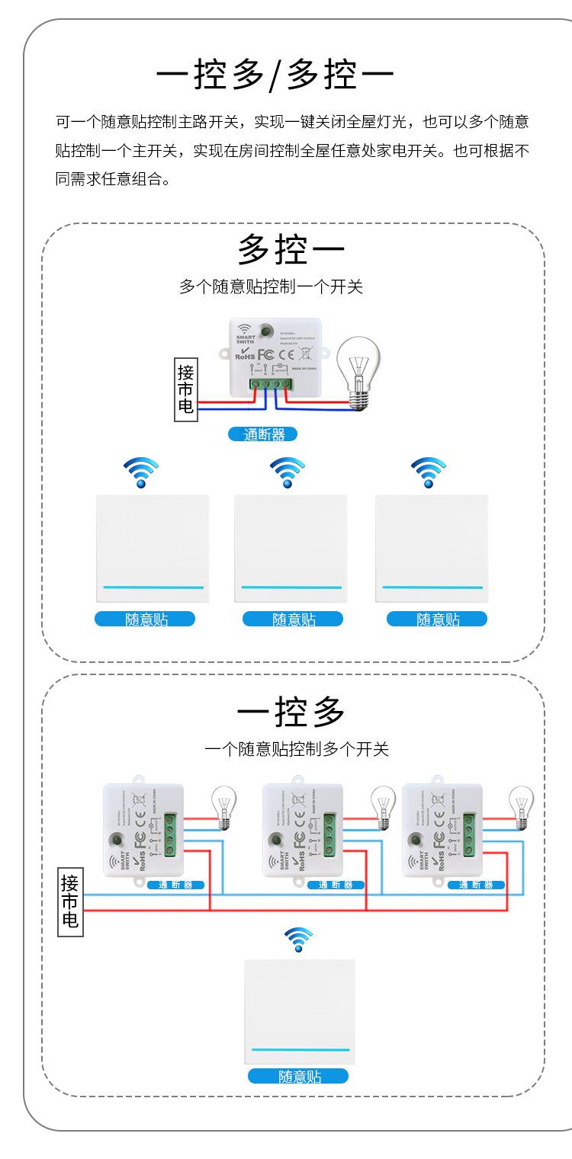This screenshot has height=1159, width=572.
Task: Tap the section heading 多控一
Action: point(291,249)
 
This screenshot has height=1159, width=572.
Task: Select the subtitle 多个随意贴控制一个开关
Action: point(271,287)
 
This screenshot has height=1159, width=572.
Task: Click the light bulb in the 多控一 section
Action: point(358,369)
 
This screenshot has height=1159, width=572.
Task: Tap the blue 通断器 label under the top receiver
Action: point(263,434)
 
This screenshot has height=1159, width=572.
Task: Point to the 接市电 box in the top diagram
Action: point(185,389)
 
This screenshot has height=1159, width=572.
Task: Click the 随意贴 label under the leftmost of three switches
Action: point(145,620)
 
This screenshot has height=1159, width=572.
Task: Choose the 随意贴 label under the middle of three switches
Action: point(293,620)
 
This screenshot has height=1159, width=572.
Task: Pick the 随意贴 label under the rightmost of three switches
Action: point(437,620)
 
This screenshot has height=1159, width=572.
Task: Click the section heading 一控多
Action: point(291,712)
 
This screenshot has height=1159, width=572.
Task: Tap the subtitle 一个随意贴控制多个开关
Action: point(297,750)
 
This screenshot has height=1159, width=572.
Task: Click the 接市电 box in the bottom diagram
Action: point(71,903)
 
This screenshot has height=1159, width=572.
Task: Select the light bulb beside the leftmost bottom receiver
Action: point(224,807)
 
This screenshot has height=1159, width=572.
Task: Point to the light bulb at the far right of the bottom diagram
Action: point(522,807)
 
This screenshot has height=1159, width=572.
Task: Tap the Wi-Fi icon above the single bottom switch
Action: point(298,940)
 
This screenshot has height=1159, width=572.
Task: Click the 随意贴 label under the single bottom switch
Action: point(298,1076)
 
